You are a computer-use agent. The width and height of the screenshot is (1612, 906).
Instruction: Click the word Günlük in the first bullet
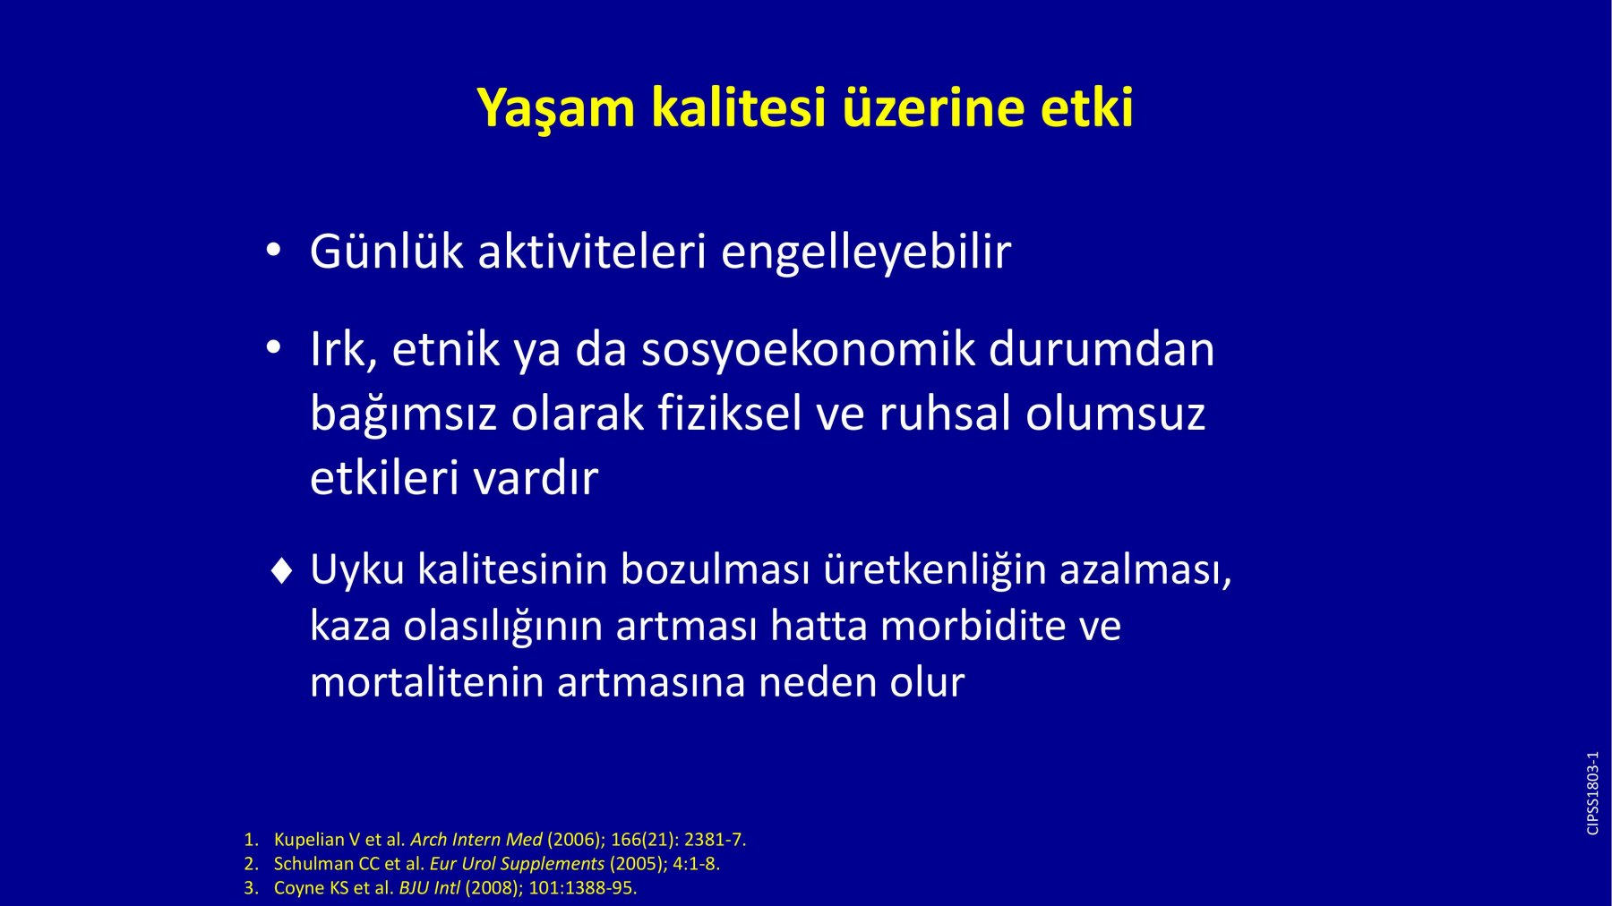(387, 251)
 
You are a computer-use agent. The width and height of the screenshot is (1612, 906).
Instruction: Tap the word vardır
(536, 477)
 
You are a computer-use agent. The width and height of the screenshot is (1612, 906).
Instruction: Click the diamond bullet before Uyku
(281, 570)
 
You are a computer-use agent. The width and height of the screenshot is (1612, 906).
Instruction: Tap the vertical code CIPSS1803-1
(1592, 793)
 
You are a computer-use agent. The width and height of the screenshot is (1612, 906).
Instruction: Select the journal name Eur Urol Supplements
(517, 865)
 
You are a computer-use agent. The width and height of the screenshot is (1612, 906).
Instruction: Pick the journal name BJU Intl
(429, 888)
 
